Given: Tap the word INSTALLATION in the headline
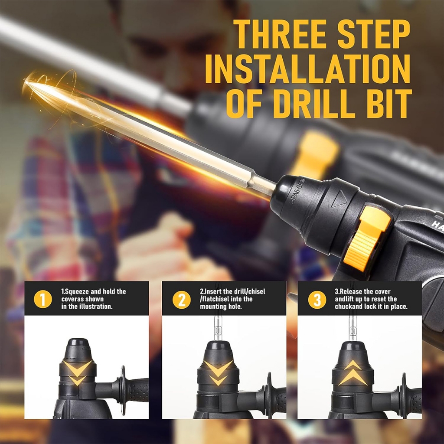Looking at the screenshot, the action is [308, 69].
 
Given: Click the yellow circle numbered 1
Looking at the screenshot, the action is [43, 299].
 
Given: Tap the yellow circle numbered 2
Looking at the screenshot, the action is [182, 300].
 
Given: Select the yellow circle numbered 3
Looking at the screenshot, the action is [317, 300].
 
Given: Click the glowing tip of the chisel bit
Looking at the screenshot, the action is [27, 82].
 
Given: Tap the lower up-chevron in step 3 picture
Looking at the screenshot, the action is [353, 378].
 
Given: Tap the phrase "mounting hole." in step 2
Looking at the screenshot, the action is [221, 307].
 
